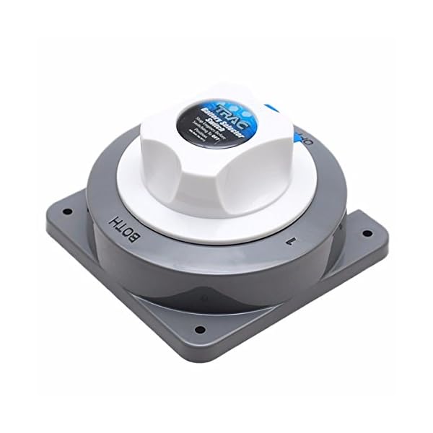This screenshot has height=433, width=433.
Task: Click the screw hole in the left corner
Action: [x=67, y=213]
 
